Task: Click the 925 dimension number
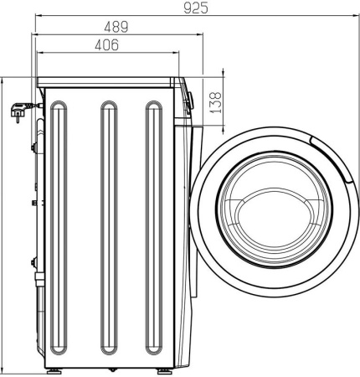[195, 8]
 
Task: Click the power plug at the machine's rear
[18, 109]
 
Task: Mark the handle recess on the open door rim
[322, 146]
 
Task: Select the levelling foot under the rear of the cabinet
[54, 369]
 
